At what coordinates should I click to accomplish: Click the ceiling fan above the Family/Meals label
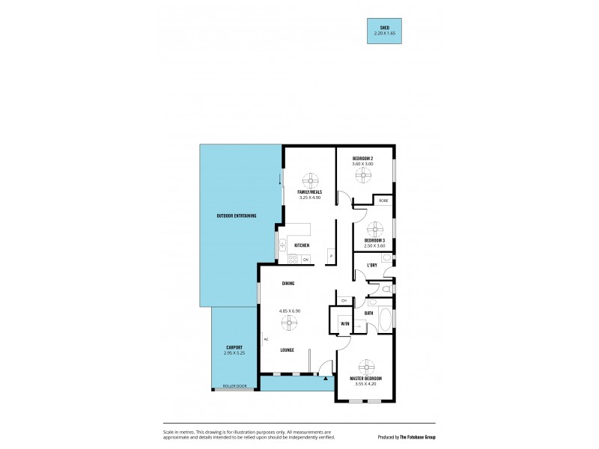coord(310,181)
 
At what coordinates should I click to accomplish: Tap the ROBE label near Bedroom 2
coord(383,201)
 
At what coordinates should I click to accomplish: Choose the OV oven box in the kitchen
coord(305,260)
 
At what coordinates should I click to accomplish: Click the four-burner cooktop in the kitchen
coord(293,260)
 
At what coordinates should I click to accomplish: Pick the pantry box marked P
coord(329,257)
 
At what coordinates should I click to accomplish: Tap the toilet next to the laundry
coord(385,289)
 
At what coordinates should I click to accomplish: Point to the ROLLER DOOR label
coord(234,387)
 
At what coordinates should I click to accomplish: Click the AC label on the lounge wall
coord(266,339)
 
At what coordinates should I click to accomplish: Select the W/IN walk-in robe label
coord(344,323)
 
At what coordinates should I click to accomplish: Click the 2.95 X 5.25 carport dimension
coord(234,353)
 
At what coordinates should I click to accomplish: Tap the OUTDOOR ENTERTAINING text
coord(236,216)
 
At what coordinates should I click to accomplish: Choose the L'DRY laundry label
coord(371,265)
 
